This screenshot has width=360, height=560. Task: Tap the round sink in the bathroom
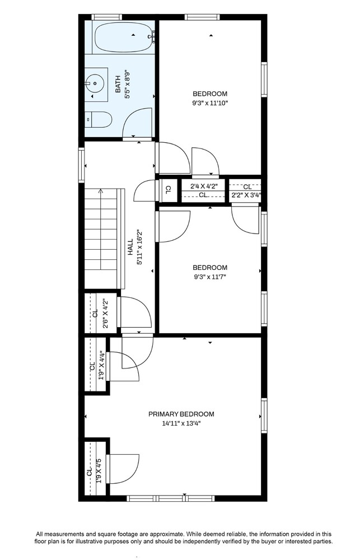pyautogui.click(x=96, y=84)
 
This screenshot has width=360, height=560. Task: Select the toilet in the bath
pyautogui.click(x=99, y=119)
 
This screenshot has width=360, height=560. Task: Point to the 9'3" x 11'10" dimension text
pyautogui.click(x=210, y=103)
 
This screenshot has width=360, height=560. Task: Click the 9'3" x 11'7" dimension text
pyautogui.click(x=210, y=277)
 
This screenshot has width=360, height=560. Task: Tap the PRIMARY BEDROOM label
pyautogui.click(x=181, y=414)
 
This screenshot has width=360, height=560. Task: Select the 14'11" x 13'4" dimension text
pyautogui.click(x=181, y=424)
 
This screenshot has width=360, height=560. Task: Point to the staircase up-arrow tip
pyautogui.click(x=101, y=191)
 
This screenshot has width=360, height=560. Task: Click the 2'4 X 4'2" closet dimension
pyautogui.click(x=203, y=186)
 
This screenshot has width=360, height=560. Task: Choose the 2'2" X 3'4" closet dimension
pyautogui.click(x=246, y=195)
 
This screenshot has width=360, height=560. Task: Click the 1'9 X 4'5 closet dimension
pyautogui.click(x=99, y=471)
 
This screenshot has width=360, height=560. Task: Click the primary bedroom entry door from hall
pyautogui.click(x=137, y=353)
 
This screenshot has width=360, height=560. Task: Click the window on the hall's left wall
pyautogui.click(x=82, y=165)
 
